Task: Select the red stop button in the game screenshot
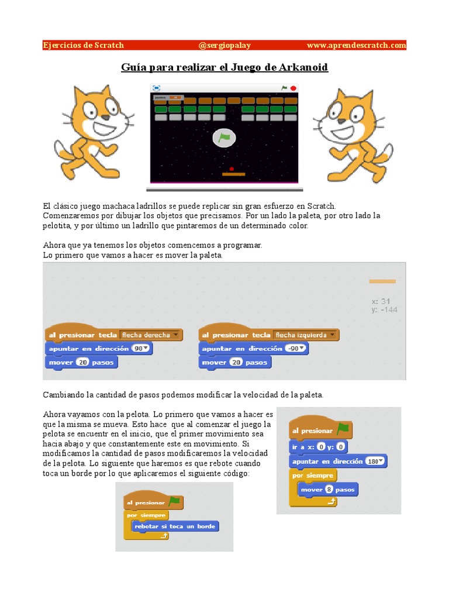click(x=293, y=88)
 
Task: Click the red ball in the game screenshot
click(x=232, y=168)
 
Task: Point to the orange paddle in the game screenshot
click(x=234, y=174)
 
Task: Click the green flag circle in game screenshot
click(x=224, y=138)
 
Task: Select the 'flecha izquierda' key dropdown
click(x=306, y=335)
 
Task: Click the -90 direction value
click(x=295, y=349)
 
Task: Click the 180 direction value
click(x=374, y=462)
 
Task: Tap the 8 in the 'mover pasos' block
click(x=329, y=489)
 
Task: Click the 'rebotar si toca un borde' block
click(x=175, y=526)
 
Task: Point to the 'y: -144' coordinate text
click(x=384, y=309)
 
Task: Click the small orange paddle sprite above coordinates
click(x=382, y=281)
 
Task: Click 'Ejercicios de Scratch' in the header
click(x=84, y=45)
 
